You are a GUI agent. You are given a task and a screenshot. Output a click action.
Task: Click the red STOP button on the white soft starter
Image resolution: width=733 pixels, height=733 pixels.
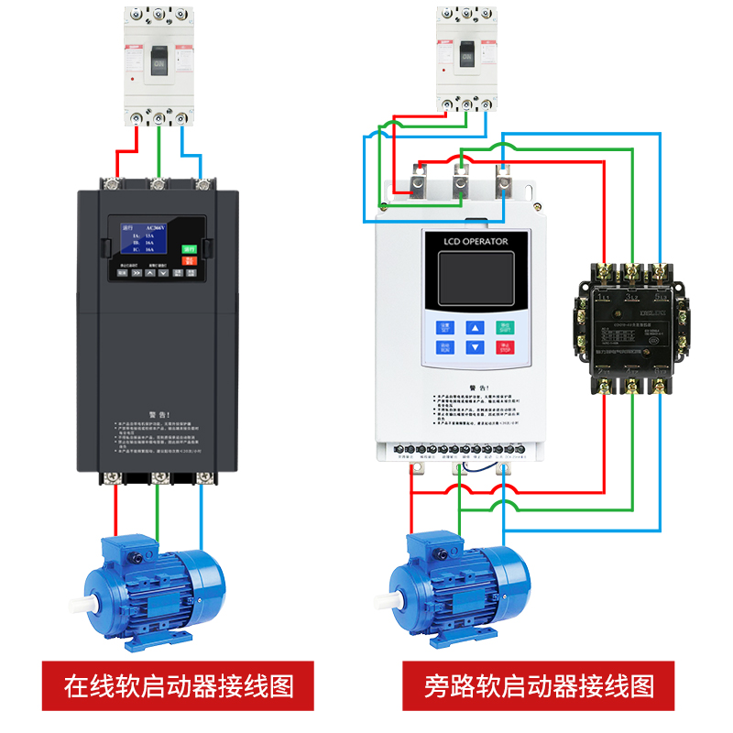coord(505,347)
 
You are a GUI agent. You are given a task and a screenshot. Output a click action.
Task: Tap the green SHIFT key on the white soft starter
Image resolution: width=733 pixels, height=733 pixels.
coord(505,327)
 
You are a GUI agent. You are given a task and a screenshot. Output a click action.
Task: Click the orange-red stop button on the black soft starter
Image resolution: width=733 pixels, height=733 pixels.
coord(189,260)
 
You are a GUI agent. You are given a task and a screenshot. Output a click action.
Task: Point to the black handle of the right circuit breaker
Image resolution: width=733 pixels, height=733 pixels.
coord(466,55)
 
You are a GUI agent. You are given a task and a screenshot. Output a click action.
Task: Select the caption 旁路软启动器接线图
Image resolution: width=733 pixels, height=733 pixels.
coord(540,685)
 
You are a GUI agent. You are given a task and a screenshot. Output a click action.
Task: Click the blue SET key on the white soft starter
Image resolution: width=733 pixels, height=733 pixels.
coord(444,327)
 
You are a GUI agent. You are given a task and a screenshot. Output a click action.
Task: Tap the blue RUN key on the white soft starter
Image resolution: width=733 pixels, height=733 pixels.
coord(444,347)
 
